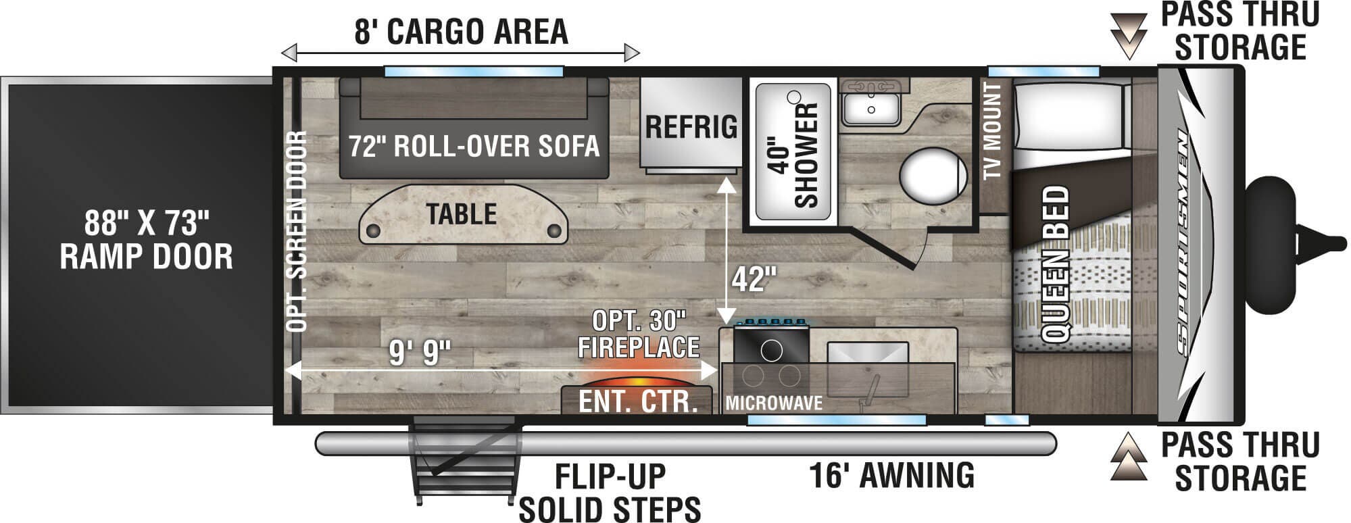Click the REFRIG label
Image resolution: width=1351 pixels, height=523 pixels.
[691, 126]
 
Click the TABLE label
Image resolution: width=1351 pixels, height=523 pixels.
[462, 214]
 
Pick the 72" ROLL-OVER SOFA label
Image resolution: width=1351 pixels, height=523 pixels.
[474, 146]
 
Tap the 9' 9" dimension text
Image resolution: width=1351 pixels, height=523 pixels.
[420, 352]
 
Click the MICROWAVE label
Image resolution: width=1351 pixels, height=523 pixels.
[774, 403]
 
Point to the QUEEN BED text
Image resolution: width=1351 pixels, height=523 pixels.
[1055, 264]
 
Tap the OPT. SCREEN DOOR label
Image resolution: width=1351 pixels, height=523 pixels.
[297, 231]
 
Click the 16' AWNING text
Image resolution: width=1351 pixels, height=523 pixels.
[892, 474]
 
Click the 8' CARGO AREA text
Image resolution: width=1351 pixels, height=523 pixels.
[461, 31]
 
